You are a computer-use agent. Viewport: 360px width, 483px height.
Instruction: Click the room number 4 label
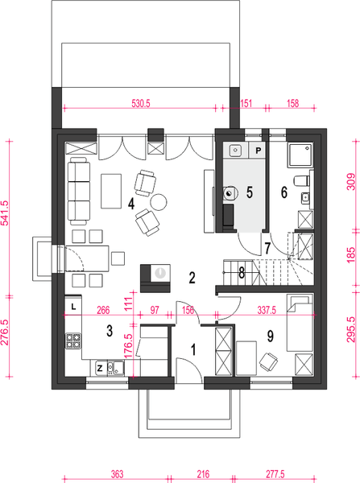tap(131, 204)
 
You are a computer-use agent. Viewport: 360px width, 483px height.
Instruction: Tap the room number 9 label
tap(270, 336)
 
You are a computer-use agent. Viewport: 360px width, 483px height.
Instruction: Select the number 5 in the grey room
tap(250, 192)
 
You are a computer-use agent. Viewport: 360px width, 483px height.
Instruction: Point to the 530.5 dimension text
tap(141, 104)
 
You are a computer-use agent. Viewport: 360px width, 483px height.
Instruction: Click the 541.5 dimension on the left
tap(6, 213)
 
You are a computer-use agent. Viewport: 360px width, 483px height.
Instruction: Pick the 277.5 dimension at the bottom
tap(275, 474)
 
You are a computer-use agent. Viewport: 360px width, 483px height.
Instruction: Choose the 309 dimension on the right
tap(351, 182)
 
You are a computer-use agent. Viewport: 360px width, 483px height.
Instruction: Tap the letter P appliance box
tap(258, 151)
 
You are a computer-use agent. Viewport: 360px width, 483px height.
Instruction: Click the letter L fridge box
tap(73, 306)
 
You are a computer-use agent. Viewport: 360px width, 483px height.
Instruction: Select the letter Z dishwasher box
tap(100, 368)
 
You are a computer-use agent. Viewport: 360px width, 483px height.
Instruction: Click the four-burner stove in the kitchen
tap(73, 341)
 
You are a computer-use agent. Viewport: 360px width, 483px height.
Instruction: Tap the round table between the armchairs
tap(159, 202)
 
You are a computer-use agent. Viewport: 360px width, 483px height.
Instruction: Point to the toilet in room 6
tap(301, 180)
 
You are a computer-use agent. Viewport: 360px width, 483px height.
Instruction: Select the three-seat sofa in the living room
tap(79, 191)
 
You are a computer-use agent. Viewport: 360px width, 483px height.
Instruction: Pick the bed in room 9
tap(300, 323)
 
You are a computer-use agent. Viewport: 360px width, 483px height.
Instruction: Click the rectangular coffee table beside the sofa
tap(111, 191)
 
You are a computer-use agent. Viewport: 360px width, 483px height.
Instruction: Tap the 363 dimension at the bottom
tap(117, 474)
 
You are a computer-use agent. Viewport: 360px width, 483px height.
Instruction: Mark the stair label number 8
tap(242, 273)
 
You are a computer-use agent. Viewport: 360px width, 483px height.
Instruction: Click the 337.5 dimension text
tap(267, 310)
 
